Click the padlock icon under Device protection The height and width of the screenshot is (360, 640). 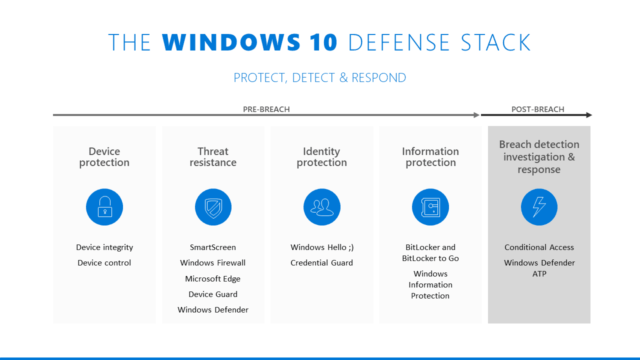pyautogui.click(x=104, y=207)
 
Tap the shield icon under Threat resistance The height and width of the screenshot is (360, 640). pyautogui.click(x=213, y=207)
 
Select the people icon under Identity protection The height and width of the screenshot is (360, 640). pyautogui.click(x=322, y=207)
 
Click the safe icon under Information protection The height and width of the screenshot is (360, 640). pyautogui.click(x=430, y=207)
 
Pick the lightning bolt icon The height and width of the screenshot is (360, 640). pyautogui.click(x=539, y=207)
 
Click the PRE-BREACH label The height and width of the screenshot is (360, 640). pyautogui.click(x=266, y=109)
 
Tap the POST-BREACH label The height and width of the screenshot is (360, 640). pyautogui.click(x=537, y=109)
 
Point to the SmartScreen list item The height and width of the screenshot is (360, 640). pyautogui.click(x=213, y=247)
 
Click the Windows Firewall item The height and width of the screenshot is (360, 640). pyautogui.click(x=213, y=263)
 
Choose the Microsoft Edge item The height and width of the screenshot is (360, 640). pyautogui.click(x=213, y=279)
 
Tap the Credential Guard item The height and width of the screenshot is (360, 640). pyautogui.click(x=322, y=263)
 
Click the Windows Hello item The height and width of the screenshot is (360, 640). pyautogui.click(x=322, y=247)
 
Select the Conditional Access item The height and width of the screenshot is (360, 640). pyautogui.click(x=539, y=247)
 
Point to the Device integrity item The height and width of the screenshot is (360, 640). pyautogui.click(x=104, y=247)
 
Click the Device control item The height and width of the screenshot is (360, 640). pyautogui.click(x=104, y=263)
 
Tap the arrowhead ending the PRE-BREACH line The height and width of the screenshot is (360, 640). pyautogui.click(x=477, y=115)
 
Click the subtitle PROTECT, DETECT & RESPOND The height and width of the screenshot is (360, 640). pyautogui.click(x=320, y=78)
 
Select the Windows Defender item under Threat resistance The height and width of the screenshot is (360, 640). pyautogui.click(x=213, y=310)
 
